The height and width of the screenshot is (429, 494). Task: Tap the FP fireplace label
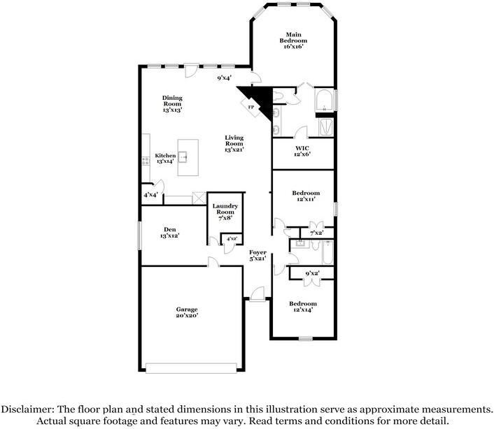tap(251, 106)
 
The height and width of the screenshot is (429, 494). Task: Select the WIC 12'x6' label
tap(302, 150)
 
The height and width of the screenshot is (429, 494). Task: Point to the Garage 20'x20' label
tap(187, 312)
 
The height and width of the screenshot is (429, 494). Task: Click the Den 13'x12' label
tap(169, 232)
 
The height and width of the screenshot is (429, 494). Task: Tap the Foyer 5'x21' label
tap(258, 254)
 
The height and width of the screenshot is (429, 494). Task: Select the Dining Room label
tap(172, 103)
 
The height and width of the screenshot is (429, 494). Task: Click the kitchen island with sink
tap(188, 157)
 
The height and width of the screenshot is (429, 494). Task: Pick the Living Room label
tap(234, 143)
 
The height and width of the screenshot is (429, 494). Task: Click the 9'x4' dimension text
tap(225, 78)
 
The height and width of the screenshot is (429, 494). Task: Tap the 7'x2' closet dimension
tap(316, 233)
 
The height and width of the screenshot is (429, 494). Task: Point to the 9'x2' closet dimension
tap(312, 273)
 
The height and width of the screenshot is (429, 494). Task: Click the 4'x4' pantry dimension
tap(150, 195)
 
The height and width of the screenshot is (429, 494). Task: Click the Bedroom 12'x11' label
tap(306, 196)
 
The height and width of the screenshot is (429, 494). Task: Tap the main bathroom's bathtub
tap(325, 101)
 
